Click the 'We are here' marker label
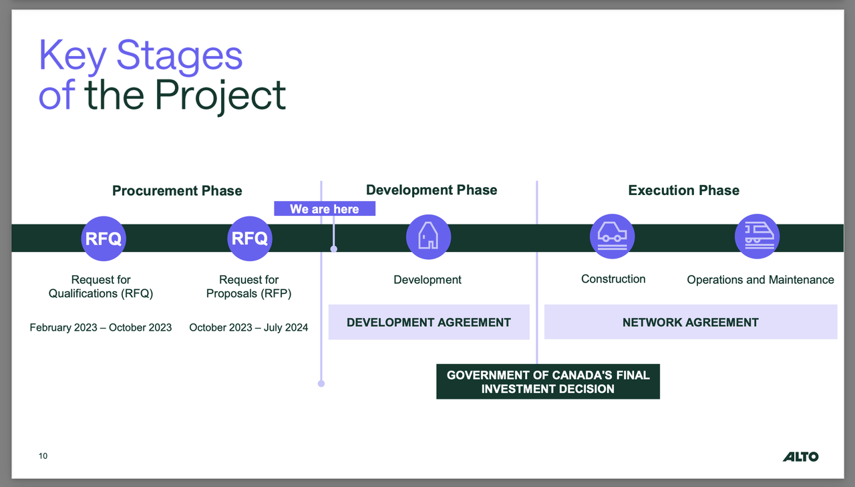(325, 209)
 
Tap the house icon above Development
(428, 236)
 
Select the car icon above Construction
(612, 236)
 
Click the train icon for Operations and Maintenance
(757, 236)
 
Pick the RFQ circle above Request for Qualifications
(104, 238)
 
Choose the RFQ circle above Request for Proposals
(249, 238)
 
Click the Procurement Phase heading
(177, 191)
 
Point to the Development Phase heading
(432, 190)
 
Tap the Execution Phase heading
(683, 190)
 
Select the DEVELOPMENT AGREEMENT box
(429, 323)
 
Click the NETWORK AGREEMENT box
(690, 323)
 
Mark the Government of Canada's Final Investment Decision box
(548, 381)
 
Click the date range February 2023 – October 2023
(101, 327)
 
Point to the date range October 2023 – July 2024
(248, 327)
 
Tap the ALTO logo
(800, 457)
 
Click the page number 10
(43, 456)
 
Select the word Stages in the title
(179, 57)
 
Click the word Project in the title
(220, 95)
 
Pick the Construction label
(613, 279)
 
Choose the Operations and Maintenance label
(760, 280)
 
